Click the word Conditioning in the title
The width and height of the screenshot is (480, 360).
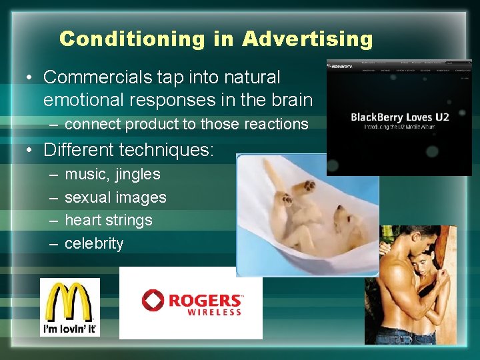click(x=132, y=39)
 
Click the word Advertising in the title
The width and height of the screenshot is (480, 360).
click(x=307, y=39)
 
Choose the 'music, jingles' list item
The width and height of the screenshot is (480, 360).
click(x=112, y=174)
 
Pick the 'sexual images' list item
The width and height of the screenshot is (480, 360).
click(x=115, y=197)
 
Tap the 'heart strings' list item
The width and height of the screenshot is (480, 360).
click(x=108, y=220)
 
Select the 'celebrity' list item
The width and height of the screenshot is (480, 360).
click(x=94, y=243)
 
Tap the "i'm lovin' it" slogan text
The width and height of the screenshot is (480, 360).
click(x=69, y=329)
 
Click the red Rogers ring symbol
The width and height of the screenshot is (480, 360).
click(x=153, y=301)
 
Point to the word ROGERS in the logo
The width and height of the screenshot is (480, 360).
click(x=205, y=301)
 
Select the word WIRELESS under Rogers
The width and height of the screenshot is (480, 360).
click(x=214, y=312)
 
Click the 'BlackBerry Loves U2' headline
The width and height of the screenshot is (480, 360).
click(x=400, y=117)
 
